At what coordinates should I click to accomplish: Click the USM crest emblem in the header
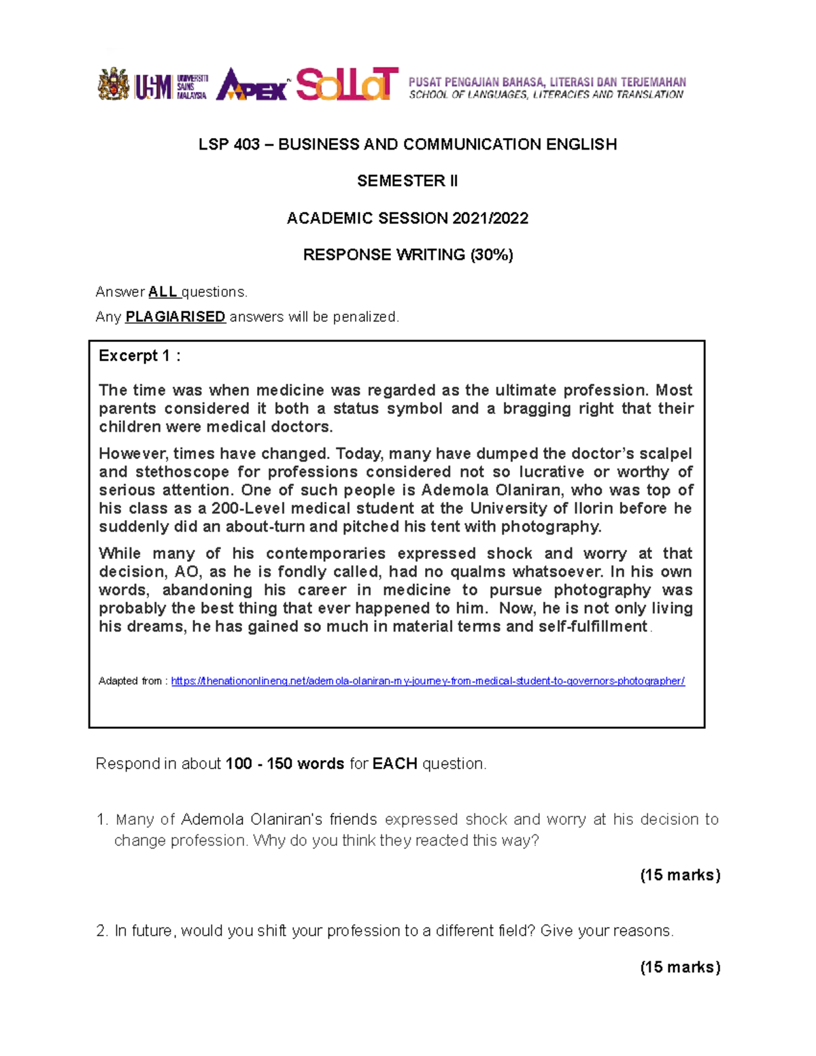114,84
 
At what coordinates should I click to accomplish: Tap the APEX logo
252,84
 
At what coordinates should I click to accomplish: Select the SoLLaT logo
347,84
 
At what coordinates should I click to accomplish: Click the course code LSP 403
229,144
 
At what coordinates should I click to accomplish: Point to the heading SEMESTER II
407,181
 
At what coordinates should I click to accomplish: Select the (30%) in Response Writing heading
492,255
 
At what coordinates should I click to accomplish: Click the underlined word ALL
163,292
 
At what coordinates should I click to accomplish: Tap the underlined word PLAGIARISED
175,317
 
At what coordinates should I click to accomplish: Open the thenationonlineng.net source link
428,681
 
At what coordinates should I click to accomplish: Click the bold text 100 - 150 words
285,764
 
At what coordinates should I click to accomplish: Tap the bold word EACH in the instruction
395,764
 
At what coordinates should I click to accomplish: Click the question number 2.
102,931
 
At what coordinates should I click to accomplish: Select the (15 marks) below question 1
680,875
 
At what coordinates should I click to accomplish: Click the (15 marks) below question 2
680,967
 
